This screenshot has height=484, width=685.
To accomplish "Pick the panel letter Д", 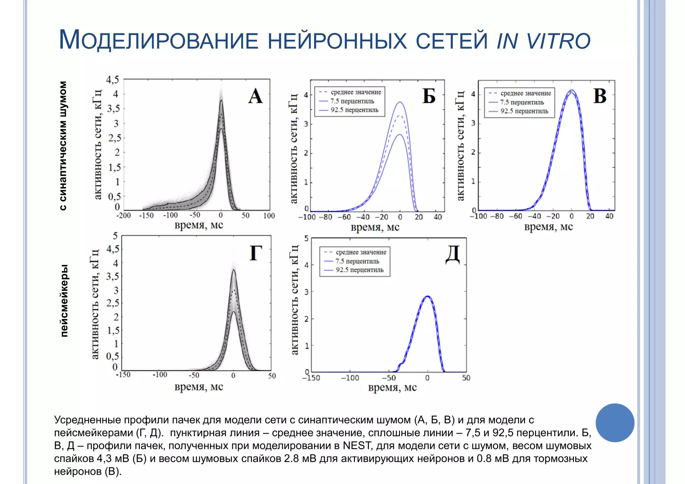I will [x=453, y=255].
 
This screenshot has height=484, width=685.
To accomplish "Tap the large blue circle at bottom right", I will [x=615, y=423].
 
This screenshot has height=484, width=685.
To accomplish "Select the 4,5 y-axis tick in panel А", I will [x=112, y=80].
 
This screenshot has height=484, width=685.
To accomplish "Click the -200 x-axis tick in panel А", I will [x=123, y=215].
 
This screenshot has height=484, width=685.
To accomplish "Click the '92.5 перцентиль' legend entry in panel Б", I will [x=354, y=110].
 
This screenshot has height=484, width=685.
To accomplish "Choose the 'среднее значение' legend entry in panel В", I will [x=525, y=93].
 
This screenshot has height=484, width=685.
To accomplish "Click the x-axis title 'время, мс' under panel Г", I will [x=199, y=387].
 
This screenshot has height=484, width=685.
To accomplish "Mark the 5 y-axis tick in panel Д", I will [x=306, y=238].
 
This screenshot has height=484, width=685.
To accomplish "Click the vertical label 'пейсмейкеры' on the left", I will [x=64, y=300].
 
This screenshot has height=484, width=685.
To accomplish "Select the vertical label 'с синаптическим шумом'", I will [x=63, y=146].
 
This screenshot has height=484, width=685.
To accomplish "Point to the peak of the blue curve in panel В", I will [x=571, y=90].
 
